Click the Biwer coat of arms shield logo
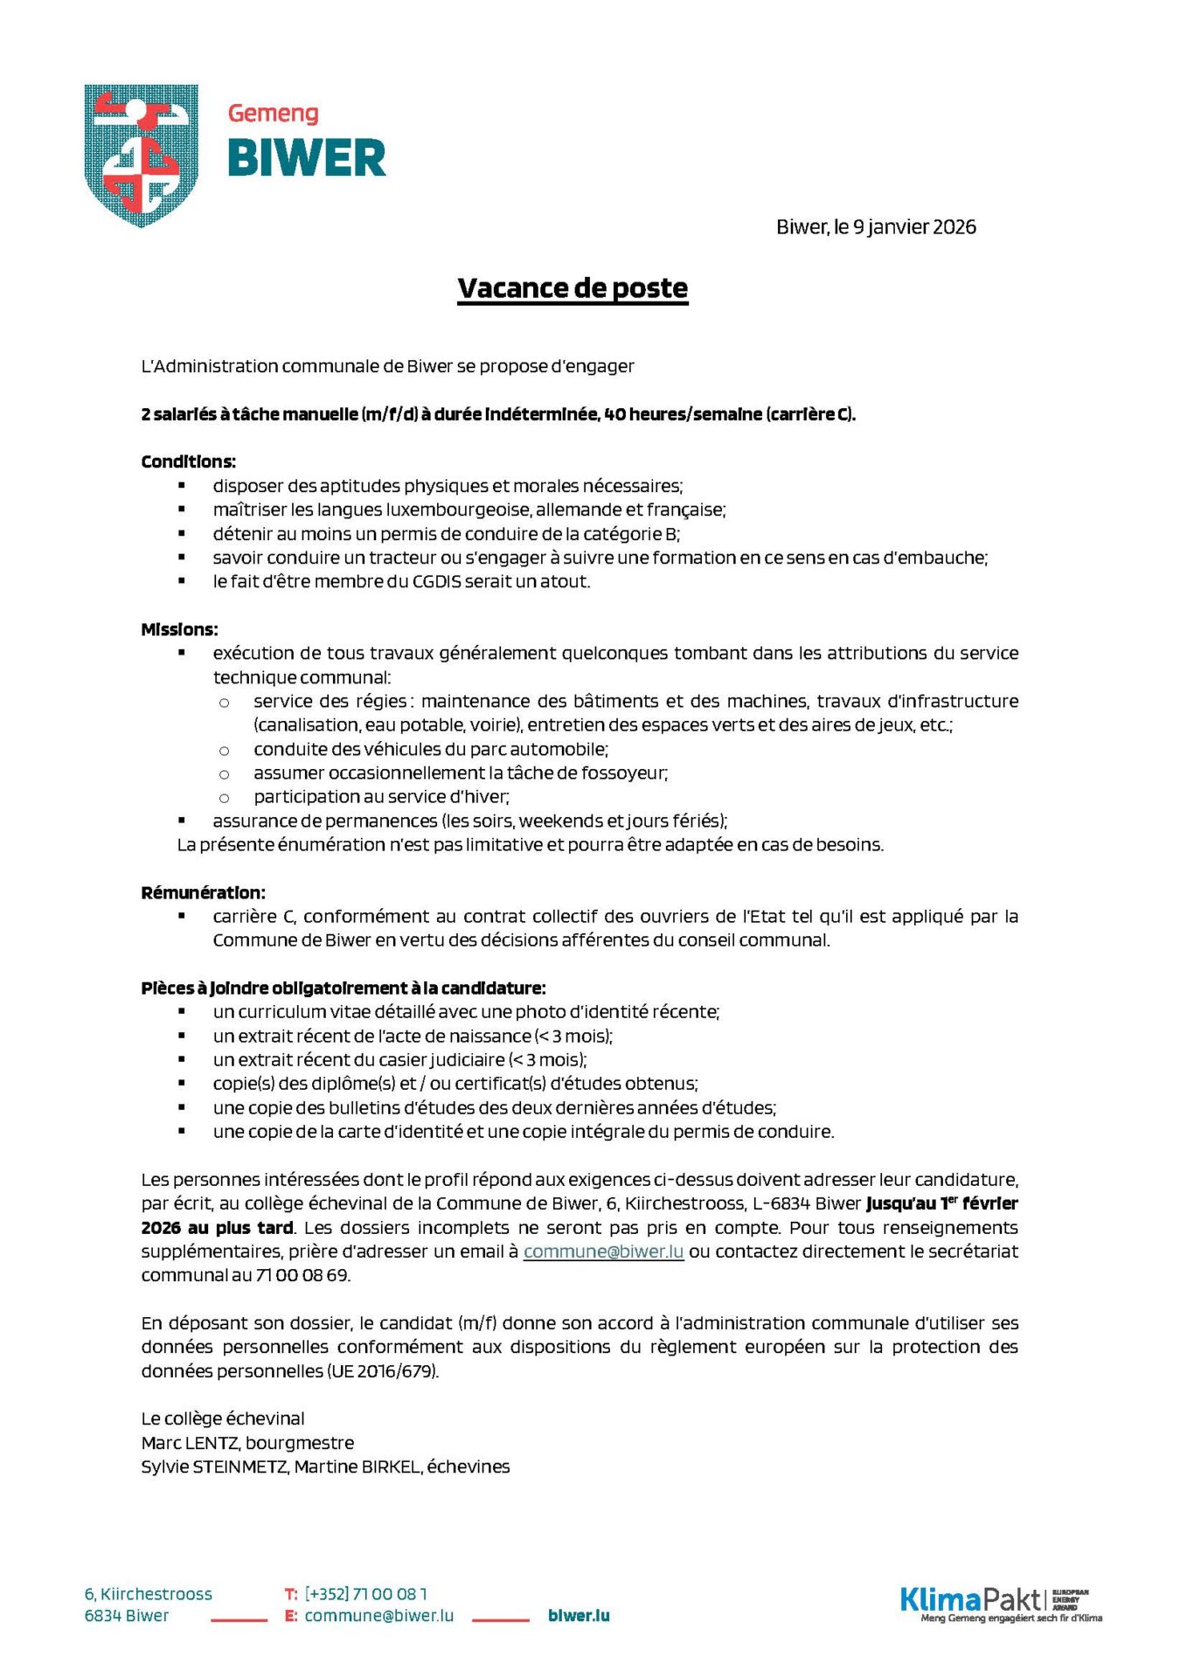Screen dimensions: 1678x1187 (141, 154)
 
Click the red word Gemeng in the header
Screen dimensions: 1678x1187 (273, 114)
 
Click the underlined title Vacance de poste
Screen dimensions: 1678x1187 (573, 288)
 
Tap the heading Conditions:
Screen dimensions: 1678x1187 (188, 461)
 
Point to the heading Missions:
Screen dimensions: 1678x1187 (179, 629)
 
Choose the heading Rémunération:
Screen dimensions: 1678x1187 (203, 892)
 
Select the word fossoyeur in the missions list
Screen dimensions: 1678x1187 (626, 773)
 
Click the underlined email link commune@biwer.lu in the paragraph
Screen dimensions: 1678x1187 (603, 1252)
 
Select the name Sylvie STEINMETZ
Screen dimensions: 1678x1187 (214, 1467)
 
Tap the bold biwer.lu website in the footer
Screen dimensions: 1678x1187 (579, 1615)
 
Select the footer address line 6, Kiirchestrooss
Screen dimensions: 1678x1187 (148, 1593)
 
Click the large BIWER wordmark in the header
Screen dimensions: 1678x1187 (306, 158)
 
